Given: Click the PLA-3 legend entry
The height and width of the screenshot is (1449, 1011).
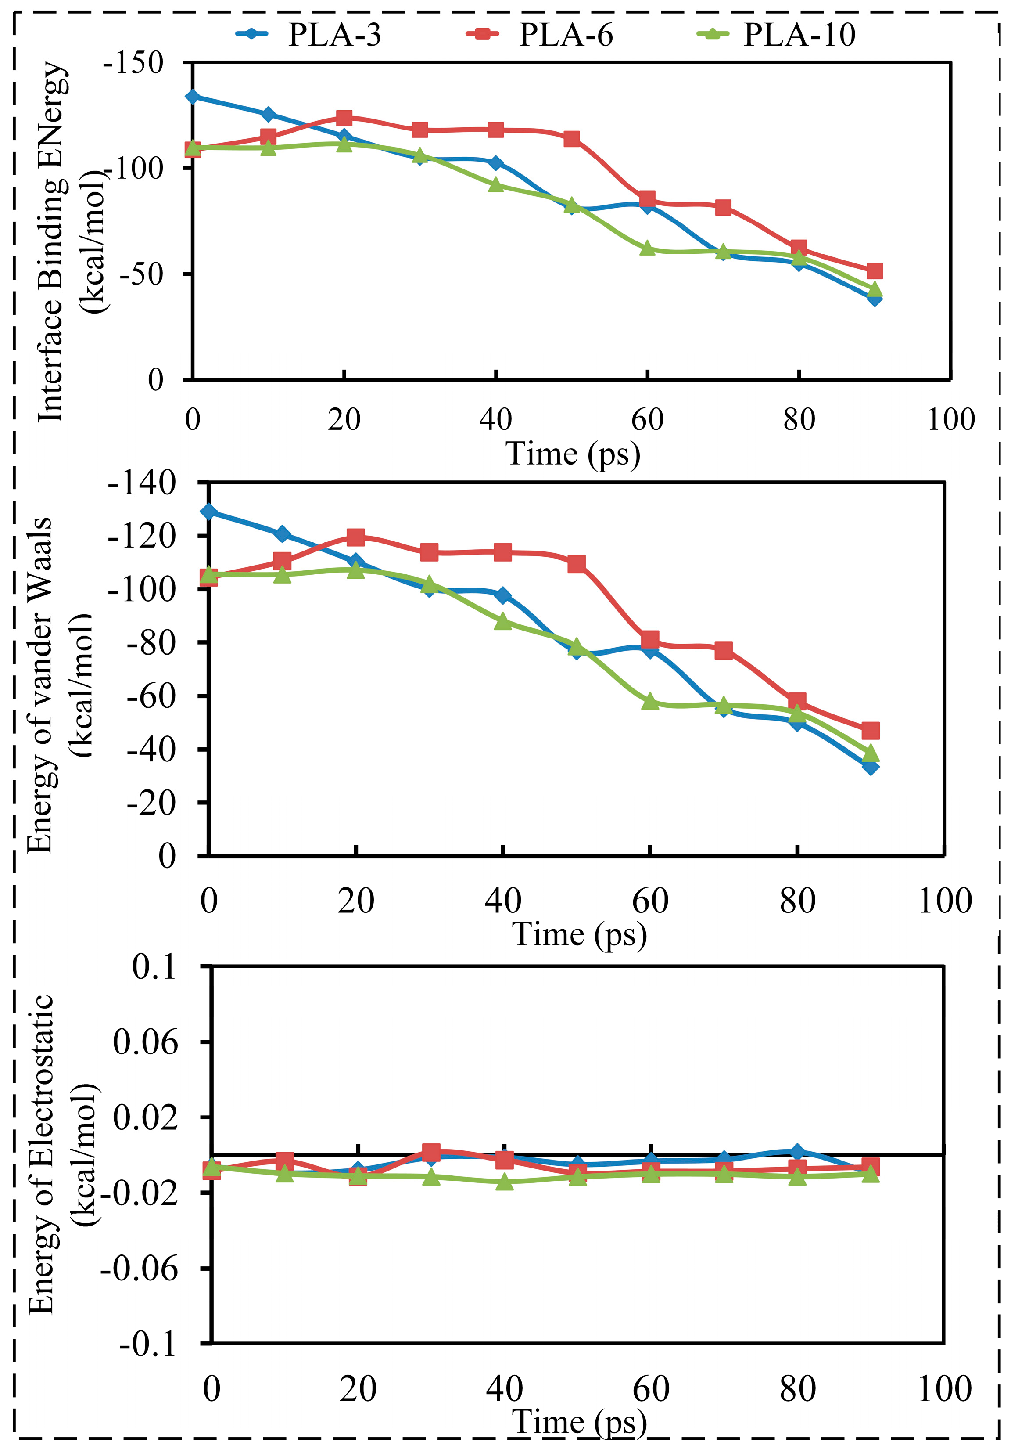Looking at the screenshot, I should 308,34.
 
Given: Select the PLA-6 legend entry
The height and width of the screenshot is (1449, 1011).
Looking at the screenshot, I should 539,34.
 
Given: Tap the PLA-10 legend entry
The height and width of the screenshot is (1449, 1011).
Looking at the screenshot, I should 776,34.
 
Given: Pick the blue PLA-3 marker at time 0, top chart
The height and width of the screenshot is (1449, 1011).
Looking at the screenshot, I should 192,97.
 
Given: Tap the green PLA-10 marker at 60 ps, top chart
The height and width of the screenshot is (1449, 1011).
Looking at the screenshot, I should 648,248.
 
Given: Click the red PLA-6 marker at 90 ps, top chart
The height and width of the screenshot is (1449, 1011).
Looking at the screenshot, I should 874,271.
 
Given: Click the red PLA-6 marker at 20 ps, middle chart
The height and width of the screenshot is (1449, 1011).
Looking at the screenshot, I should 356,537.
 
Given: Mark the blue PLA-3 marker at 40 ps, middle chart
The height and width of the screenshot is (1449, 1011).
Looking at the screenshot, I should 503,595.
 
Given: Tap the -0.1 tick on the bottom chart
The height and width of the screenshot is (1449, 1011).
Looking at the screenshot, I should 148,1345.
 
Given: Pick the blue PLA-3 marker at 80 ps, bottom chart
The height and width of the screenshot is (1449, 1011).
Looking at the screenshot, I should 797,1150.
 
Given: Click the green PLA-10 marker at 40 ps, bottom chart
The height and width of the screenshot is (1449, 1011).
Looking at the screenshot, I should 504,1182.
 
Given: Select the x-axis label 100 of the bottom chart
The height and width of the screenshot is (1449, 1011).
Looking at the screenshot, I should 944,1390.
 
